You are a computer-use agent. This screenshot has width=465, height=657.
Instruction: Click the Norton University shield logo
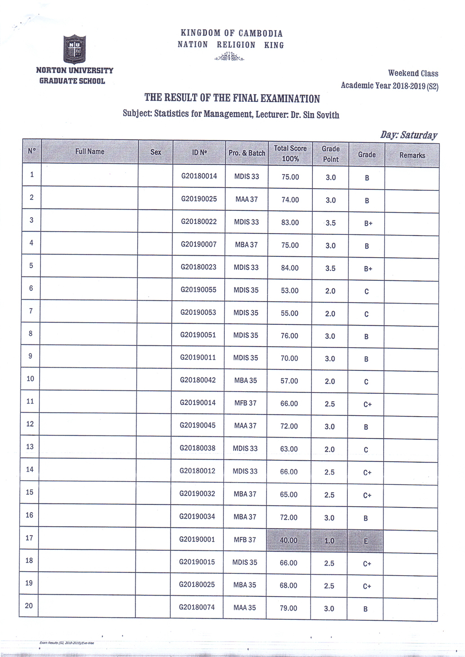74,49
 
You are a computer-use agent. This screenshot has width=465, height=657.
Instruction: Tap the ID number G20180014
199,176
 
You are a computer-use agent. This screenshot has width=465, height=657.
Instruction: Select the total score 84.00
290,268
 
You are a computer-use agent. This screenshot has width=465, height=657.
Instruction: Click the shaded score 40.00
288,540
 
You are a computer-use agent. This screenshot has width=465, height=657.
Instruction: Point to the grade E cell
366,541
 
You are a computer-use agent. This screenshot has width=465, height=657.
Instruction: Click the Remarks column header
412,155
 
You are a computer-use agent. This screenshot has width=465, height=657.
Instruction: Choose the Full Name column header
89,152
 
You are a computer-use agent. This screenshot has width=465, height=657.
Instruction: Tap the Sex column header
156,152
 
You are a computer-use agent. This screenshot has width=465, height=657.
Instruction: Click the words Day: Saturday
409,135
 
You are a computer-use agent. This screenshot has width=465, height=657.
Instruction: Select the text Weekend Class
413,73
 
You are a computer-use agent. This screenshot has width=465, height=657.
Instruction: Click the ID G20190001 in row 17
197,539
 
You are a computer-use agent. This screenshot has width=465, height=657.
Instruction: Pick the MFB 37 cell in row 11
245,403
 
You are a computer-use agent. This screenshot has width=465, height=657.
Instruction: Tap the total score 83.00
290,223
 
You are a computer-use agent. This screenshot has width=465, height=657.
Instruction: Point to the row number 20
29,606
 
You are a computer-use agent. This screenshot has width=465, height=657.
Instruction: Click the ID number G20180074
197,607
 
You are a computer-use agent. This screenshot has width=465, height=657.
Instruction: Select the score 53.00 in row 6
289,290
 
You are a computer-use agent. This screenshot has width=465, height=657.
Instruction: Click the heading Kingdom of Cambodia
232,33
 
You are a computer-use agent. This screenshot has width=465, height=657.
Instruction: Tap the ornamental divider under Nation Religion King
229,57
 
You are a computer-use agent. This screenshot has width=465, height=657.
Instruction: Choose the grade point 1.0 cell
329,541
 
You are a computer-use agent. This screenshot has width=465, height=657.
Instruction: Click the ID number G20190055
198,289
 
